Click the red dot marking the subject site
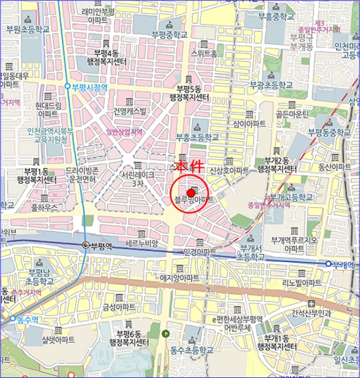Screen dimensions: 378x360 (x=191, y=193)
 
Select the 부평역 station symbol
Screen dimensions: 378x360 (x=85, y=246)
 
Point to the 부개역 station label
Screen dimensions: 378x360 (x=342, y=264)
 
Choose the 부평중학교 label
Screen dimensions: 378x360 (x=169, y=35)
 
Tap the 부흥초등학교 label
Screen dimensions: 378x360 (x=198, y=138)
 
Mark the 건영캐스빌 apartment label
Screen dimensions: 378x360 (x=130, y=112)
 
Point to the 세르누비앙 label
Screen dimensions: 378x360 (x=141, y=244)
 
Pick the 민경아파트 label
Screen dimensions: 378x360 (x=200, y=252)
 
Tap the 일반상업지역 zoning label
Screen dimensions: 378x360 (x=124, y=131)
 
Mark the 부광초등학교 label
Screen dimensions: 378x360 (x=270, y=85)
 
